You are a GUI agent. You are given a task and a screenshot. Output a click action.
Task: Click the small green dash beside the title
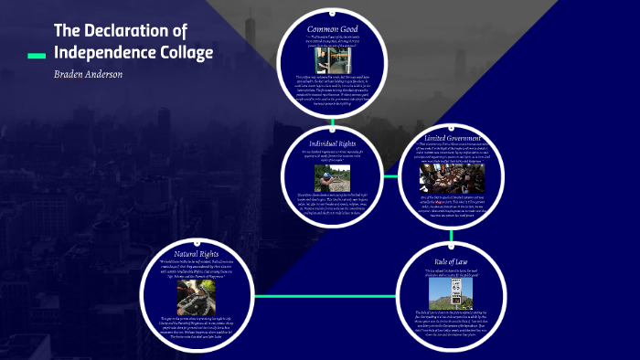[x=37, y=57]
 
